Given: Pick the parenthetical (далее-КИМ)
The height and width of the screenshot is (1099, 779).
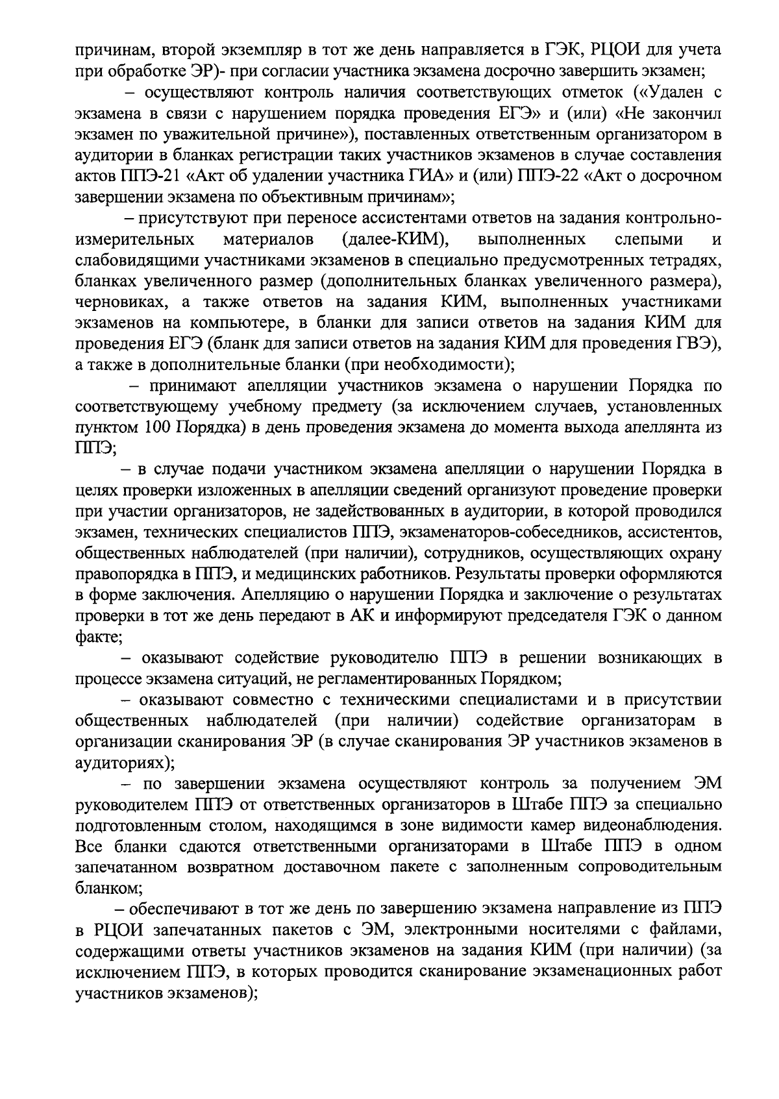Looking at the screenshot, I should click(x=396, y=240).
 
